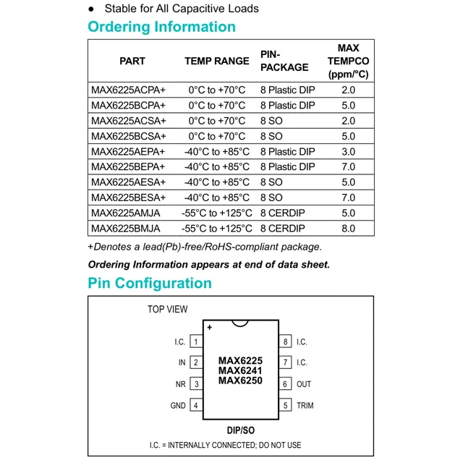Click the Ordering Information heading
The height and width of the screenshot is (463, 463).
coord(161,27)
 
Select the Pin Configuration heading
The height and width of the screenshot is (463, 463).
coord(150,283)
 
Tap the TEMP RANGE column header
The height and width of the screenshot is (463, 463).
coord(216,61)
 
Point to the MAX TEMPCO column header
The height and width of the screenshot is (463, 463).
coord(348,61)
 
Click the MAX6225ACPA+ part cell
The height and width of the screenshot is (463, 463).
coord(128,90)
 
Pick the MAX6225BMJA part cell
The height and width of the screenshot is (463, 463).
coord(126,229)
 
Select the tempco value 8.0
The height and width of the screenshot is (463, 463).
coord(348,229)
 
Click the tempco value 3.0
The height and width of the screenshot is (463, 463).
coord(348,152)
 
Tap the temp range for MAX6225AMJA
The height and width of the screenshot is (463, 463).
coord(217,213)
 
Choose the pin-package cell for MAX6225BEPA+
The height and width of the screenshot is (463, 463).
coord(287,167)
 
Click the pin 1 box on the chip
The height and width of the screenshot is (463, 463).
coord(195,341)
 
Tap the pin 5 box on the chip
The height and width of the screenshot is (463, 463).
coord(286,406)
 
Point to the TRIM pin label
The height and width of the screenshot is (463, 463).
coord(305,406)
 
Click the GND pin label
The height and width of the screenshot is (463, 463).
coord(178,406)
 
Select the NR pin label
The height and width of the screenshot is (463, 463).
coord(181,384)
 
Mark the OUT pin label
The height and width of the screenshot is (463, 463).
coord(304,384)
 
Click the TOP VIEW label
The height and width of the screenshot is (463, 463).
coord(167,309)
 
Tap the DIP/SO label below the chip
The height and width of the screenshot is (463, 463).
coord(240,430)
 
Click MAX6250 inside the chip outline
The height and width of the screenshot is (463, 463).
coord(240,381)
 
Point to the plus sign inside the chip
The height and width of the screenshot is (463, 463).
coord(210,328)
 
